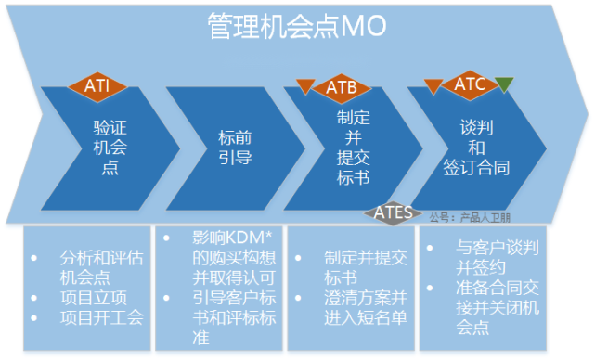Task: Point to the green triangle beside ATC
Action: pyautogui.click(x=504, y=86)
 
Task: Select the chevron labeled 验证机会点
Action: pyautogui.click(x=106, y=148)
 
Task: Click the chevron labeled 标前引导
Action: pyautogui.click(x=228, y=148)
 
